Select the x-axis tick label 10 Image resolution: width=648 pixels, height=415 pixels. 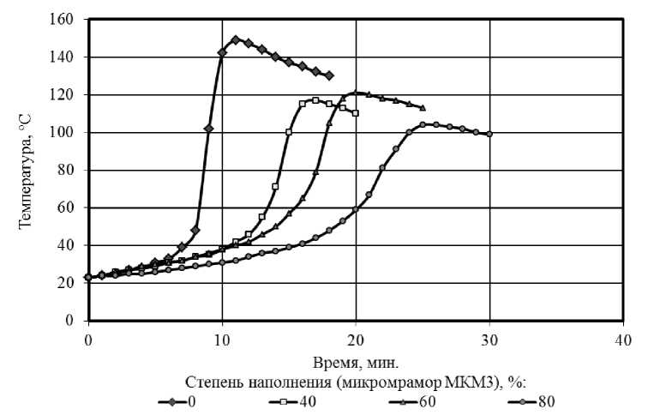[222, 339]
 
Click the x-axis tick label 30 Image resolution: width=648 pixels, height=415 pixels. [490, 339]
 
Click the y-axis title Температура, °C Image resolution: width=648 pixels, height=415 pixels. [26, 170]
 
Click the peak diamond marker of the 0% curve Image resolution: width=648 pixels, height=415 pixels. [236, 39]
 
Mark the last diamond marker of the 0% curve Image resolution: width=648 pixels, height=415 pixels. [329, 75]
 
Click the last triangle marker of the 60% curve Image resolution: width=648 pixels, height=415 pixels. [423, 107]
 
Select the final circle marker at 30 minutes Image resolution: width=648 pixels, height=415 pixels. [489, 134]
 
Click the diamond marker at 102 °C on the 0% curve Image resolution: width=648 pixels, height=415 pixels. [208, 128]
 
